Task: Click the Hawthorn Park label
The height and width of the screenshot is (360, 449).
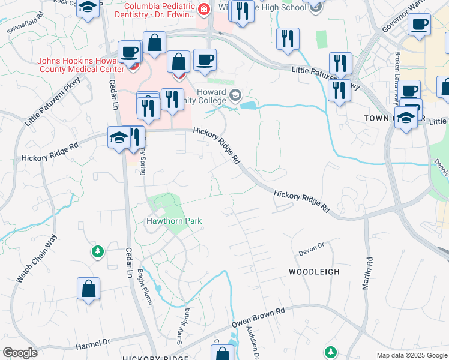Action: (x=174, y=221)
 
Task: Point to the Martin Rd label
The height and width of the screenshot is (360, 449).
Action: (x=367, y=274)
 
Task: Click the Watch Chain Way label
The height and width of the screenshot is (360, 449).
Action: (x=36, y=259)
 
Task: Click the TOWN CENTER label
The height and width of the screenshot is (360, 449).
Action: (x=384, y=119)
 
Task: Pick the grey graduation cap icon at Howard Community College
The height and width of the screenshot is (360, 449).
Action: (x=235, y=94)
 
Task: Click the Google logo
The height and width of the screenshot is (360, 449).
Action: (x=20, y=353)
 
